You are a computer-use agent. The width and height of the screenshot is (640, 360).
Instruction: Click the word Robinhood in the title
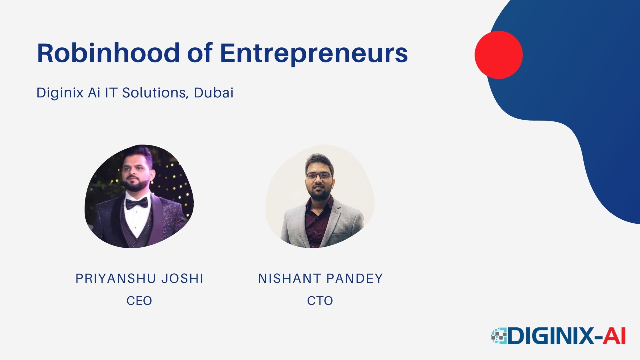pos(109,53)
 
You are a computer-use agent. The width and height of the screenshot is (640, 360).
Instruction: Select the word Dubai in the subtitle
pos(214,93)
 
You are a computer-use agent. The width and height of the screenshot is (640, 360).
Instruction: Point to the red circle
pos(499,55)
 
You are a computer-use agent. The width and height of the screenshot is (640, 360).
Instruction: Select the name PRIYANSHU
pos(116,279)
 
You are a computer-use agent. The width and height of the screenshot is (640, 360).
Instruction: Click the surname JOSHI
pos(182,279)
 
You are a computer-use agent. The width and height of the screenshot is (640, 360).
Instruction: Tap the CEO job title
pos(139,301)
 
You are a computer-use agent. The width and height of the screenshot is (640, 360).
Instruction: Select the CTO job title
pos(320,301)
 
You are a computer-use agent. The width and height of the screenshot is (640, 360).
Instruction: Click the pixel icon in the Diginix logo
pos(499,336)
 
